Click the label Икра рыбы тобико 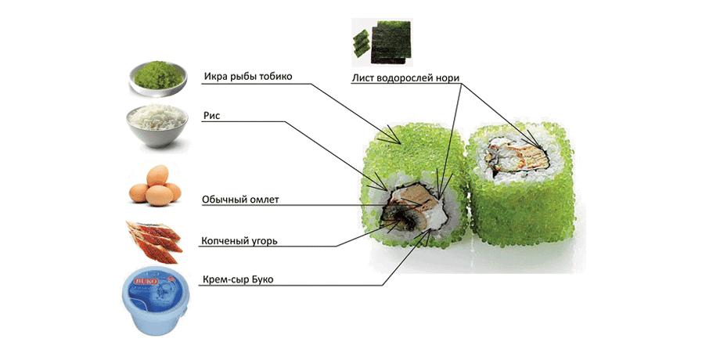coord(247,77)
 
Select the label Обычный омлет coord(240,200)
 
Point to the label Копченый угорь coord(239,241)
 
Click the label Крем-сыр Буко coord(238,279)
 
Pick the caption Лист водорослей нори coord(405,77)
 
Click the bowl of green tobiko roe coord(157,79)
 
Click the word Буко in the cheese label coord(263,279)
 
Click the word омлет coord(263,200)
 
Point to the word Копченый coord(224,241)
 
